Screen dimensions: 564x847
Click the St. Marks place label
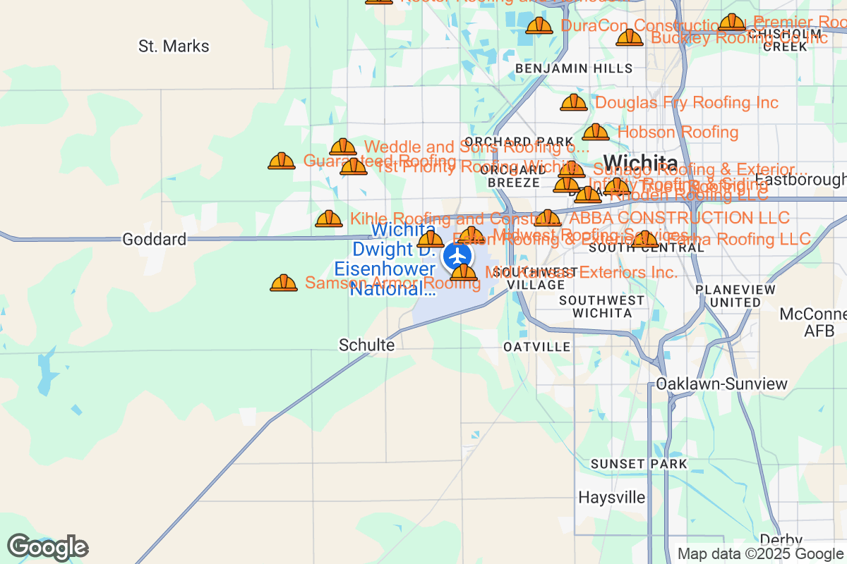[x=174, y=47]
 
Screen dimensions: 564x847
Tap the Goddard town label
[x=154, y=239]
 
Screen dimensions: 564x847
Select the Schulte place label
[x=366, y=345]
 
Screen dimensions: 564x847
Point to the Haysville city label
[x=611, y=497]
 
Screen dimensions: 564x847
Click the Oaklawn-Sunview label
[x=721, y=384]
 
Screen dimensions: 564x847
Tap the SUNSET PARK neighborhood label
[x=638, y=464]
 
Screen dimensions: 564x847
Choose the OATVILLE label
[x=537, y=347]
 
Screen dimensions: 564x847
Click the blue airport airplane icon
[x=459, y=255]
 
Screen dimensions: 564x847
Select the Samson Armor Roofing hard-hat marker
[x=284, y=283]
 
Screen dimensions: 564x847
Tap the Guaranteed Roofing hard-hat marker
[x=282, y=161]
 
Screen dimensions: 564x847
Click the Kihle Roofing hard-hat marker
[x=329, y=219]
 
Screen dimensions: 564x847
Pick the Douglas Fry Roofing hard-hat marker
[x=574, y=103]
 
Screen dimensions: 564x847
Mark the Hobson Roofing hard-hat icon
[x=596, y=132]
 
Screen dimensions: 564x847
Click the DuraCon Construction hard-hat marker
[x=539, y=26]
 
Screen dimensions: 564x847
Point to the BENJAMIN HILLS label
[x=574, y=68]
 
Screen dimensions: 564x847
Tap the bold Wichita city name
[x=640, y=161]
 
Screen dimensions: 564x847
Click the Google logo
[x=48, y=547]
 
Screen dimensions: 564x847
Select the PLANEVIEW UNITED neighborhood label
[x=735, y=295]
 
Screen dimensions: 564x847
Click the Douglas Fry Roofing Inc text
[x=687, y=103]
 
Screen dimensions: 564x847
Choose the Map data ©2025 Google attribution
[x=760, y=554]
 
